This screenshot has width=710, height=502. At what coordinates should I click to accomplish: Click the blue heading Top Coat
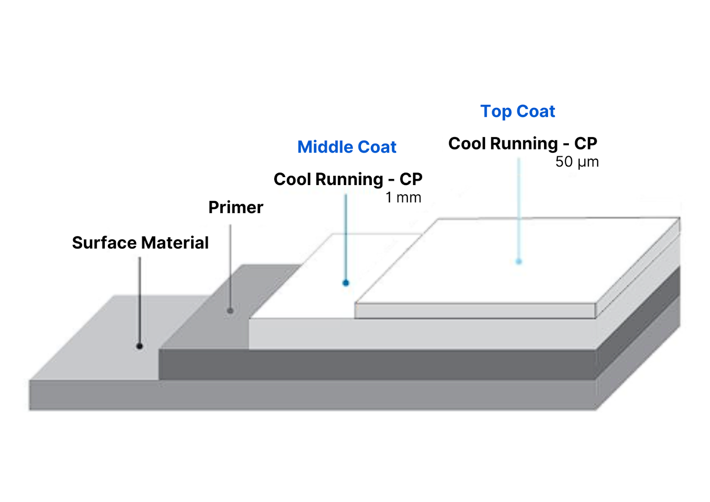[517, 111]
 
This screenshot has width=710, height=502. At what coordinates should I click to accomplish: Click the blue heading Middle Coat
[347, 147]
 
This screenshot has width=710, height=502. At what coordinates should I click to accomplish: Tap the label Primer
[236, 207]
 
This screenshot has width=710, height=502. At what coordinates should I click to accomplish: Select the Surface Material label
[140, 243]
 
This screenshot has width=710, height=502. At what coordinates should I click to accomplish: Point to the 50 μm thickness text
[577, 162]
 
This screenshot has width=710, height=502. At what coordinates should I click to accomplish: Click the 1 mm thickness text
[403, 198]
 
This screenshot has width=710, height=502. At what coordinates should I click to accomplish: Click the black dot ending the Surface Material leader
[139, 346]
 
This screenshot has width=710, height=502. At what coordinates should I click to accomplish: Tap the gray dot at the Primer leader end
[230, 311]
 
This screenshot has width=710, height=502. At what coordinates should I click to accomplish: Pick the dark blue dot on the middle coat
[346, 283]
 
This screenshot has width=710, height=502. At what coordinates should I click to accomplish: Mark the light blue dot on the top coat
[519, 261]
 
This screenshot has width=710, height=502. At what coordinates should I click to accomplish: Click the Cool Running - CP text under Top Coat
[523, 143]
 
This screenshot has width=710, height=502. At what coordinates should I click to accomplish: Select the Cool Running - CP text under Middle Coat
[348, 179]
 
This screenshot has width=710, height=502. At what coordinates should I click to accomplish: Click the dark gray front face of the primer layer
[377, 364]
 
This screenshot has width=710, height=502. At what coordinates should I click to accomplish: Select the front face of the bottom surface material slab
[313, 395]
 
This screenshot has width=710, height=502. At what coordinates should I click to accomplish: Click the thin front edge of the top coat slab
[475, 311]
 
